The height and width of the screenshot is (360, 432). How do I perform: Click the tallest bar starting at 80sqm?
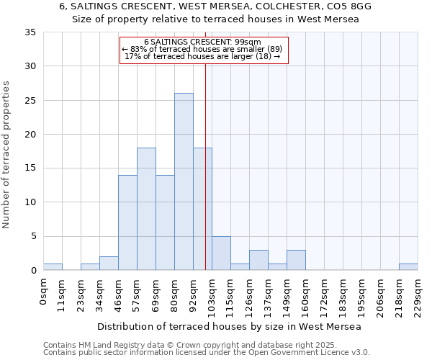coord(184,181)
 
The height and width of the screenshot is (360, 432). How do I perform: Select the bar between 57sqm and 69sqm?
coord(146,209)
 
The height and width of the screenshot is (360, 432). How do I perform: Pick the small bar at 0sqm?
coord(53,267)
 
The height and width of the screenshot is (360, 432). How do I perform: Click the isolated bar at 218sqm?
coord(408,267)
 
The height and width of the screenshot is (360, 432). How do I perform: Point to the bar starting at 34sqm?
coord(109,264)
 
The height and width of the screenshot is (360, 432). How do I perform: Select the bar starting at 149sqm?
coord(296,260)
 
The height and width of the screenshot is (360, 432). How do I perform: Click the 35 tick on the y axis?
coord(30,32)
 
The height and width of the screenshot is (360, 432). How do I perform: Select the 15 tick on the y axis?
coord(30,168)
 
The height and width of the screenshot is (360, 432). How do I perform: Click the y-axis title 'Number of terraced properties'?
coord(7,155)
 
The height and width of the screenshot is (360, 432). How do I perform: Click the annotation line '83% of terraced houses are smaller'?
coord(204,49)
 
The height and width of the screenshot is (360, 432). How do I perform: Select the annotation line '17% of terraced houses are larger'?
coord(203,56)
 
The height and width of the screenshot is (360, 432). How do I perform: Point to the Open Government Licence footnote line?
coord(207,353)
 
